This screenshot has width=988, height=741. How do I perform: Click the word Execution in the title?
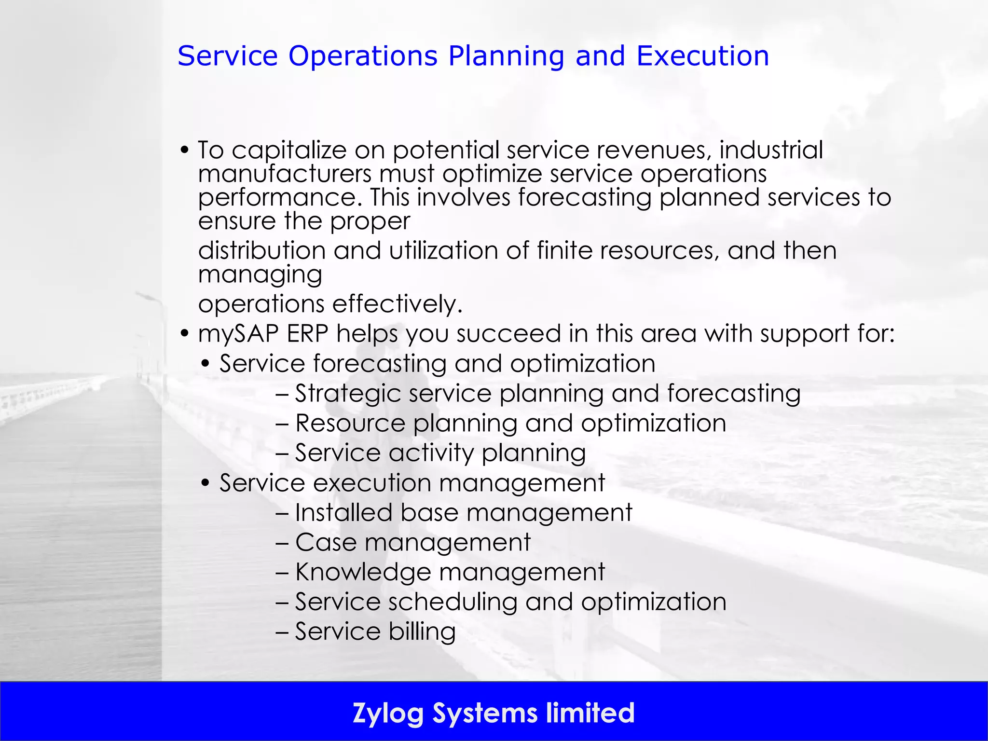coord(702,56)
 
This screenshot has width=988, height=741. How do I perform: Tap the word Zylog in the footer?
coord(388,714)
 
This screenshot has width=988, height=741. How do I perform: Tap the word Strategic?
coord(348,394)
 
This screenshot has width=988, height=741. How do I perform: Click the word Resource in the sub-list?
coord(350,424)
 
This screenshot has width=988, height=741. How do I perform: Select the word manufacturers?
coord(285,174)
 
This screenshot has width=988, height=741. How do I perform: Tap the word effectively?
coord(397,304)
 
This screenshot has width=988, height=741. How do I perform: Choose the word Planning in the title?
coord(506,56)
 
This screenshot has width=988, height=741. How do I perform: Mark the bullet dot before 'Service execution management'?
coord(206,483)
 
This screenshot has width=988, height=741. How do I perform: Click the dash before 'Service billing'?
coord(282,632)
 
